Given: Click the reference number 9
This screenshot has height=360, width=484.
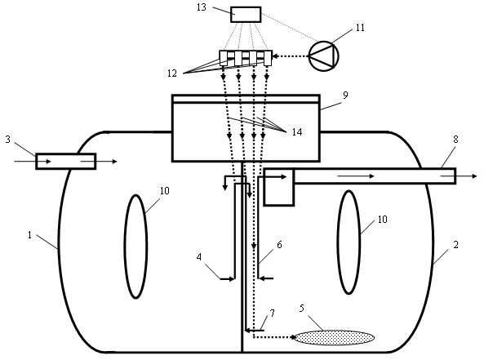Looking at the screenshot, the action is click(x=345, y=95).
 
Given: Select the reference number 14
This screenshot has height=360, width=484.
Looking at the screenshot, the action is click(x=297, y=131).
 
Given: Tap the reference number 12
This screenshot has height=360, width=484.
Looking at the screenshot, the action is click(x=172, y=73).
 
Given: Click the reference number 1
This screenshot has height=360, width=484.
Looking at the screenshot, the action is click(x=29, y=235).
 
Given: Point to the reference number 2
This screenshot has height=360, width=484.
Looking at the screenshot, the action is click(x=456, y=245).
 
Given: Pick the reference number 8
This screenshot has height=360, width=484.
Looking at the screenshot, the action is click(x=456, y=140).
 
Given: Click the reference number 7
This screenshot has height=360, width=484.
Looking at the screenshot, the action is click(x=272, y=313).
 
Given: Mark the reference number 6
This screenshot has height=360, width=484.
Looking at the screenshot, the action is click(x=279, y=245).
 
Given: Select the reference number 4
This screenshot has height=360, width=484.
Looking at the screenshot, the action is click(x=199, y=256).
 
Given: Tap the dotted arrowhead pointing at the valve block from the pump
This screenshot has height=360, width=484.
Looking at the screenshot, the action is click(x=275, y=56).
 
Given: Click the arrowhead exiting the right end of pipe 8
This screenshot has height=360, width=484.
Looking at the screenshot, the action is click(x=474, y=176).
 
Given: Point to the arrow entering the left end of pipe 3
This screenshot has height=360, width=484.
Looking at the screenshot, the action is click(x=33, y=161).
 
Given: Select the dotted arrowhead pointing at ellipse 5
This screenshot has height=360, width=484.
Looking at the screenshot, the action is click(x=293, y=337).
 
